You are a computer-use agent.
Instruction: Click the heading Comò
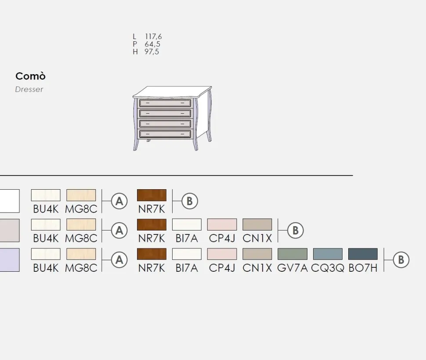[x=30, y=76]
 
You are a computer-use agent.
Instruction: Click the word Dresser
[x=29, y=89]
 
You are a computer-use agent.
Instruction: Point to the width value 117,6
[x=153, y=36]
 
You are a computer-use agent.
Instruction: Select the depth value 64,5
[x=152, y=44]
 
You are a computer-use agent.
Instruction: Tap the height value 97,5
[x=152, y=51]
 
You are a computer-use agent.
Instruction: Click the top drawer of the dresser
[x=165, y=103]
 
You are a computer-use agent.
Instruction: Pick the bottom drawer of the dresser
[x=165, y=133]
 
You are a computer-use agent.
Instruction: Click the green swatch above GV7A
[x=292, y=254]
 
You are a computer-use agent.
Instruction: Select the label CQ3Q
[x=327, y=268]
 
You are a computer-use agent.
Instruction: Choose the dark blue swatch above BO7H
[x=363, y=254]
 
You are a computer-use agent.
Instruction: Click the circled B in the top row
[x=189, y=201]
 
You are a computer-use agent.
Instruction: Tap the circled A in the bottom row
[x=119, y=260]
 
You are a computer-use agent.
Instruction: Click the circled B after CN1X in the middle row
[x=295, y=230]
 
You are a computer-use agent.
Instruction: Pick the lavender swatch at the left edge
[x=10, y=260]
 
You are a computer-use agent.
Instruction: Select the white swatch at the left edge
[x=10, y=201]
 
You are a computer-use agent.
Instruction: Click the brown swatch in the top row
[x=152, y=195]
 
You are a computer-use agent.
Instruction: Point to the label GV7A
[x=292, y=268]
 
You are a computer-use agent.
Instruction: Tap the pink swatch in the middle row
[x=222, y=224]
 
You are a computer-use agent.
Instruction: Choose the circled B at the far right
[x=401, y=260]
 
